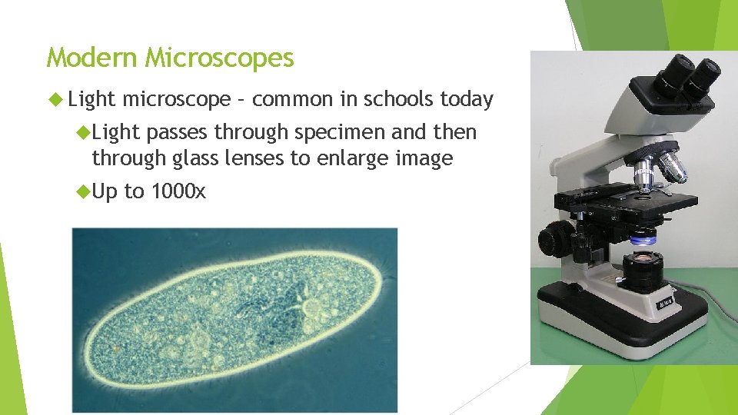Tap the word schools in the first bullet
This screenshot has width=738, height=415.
click(x=400, y=99)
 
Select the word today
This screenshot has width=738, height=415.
click(x=467, y=99)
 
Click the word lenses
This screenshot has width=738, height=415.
click(x=294, y=158)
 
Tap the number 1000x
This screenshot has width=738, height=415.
click(x=178, y=191)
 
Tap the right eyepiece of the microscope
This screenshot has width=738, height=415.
click(x=706, y=73)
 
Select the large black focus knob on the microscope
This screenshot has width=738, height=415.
click(x=555, y=241)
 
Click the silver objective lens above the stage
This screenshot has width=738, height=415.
click(x=644, y=172)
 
